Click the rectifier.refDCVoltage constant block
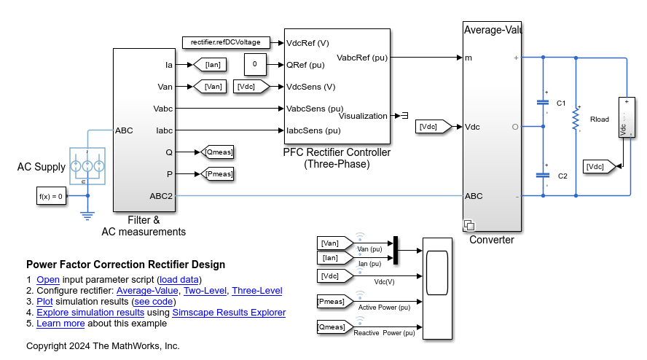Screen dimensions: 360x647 (226, 42)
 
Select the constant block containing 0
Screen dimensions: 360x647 (254, 65)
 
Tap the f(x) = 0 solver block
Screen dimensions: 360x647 (51, 195)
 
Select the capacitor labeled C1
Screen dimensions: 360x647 (543, 103)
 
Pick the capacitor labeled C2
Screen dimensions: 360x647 (543, 175)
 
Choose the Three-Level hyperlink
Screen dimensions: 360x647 (256, 291)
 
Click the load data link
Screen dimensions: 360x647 (179, 280)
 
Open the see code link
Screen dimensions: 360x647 (154, 302)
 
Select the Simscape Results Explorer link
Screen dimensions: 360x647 (229, 313)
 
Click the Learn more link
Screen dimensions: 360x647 (60, 324)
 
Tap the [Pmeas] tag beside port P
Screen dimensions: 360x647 (219, 173)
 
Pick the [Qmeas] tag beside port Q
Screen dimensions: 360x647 (219, 152)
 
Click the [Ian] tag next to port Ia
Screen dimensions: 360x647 (211, 65)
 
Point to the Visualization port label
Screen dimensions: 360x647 (364, 116)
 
